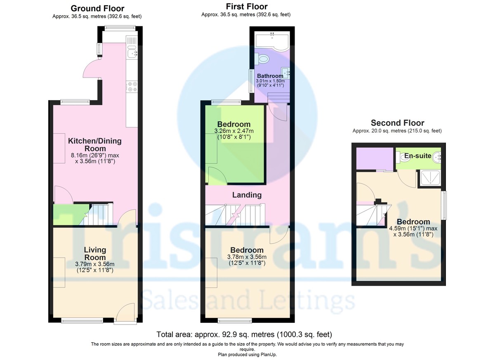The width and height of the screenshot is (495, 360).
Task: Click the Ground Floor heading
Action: (97, 9)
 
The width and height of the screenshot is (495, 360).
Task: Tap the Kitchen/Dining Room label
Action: (95, 145)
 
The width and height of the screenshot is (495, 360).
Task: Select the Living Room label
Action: (95, 254)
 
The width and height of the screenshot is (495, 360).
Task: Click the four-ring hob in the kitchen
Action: (132, 87)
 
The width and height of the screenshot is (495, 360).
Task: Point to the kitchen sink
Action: (132, 53)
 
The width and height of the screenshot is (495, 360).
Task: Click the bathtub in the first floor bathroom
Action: (272, 42)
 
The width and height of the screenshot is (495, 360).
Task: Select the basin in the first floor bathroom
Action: (285, 73)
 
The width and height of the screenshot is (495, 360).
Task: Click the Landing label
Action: (247, 195)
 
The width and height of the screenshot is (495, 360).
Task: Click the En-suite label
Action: (417, 156)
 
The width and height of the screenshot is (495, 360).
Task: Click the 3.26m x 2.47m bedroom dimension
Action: (234, 134)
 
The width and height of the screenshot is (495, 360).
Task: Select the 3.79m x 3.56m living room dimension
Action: (95, 267)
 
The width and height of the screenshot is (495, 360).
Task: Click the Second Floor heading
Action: (397, 123)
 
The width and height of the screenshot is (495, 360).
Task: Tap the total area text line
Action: (244, 334)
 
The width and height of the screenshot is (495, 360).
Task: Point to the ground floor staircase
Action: (97, 214)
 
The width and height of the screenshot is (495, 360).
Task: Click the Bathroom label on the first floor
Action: (270, 76)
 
